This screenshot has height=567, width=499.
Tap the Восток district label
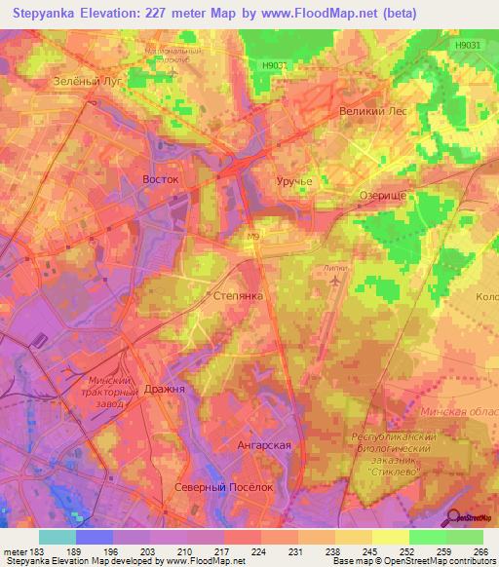point(161,180)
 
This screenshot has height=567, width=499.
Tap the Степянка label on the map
point(238,293)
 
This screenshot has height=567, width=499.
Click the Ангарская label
point(264,445)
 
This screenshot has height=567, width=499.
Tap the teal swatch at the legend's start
point(57,537)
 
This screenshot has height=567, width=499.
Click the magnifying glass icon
point(454,516)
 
